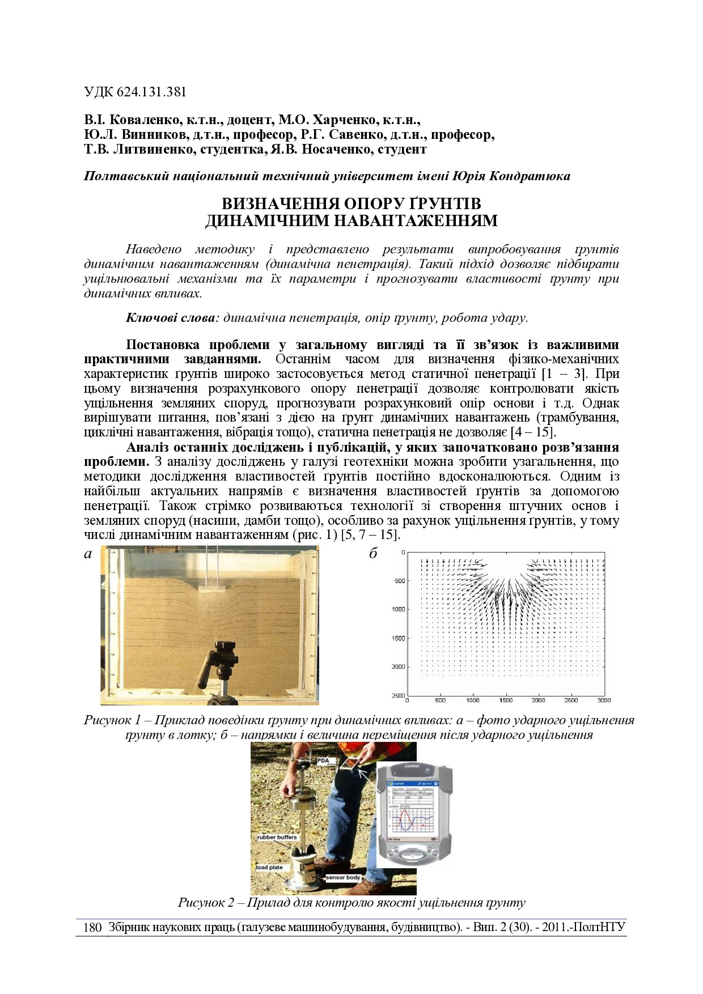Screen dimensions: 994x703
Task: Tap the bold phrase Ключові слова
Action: (x=171, y=317)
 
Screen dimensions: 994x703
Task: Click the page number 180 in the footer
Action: (x=92, y=928)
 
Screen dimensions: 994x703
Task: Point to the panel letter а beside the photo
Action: (x=88, y=554)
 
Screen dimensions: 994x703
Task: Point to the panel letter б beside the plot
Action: (x=373, y=554)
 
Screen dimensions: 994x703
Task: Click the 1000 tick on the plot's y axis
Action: (x=398, y=609)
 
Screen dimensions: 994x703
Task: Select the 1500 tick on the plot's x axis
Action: (x=506, y=700)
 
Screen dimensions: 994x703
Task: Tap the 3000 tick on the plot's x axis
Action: (x=604, y=700)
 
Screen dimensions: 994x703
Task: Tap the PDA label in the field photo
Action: (x=323, y=760)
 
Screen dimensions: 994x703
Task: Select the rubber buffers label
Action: (x=277, y=837)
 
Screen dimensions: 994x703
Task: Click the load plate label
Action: (x=269, y=868)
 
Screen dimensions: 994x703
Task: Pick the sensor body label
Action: (x=343, y=877)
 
